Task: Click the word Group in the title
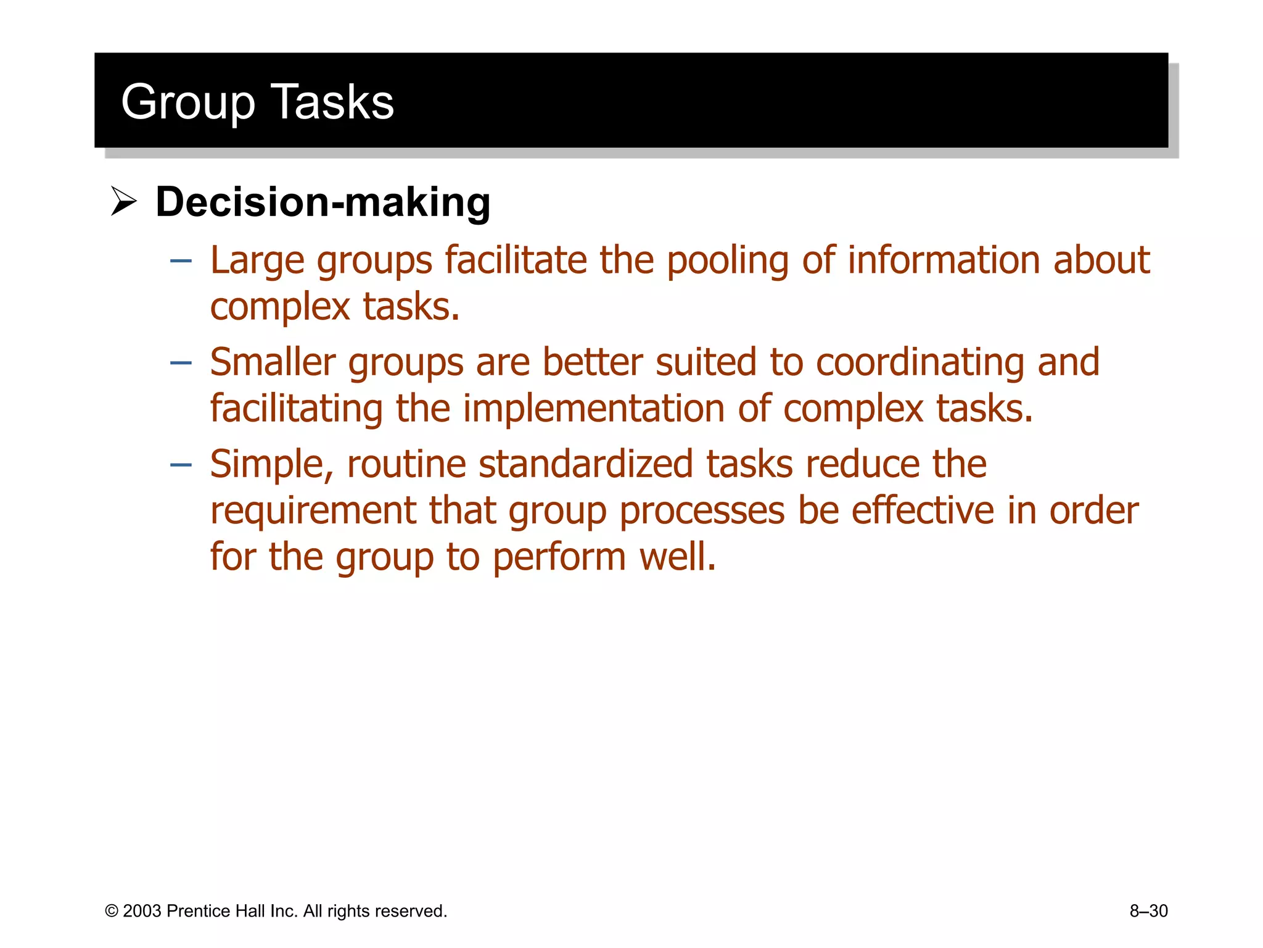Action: [x=187, y=102]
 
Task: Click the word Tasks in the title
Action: [x=332, y=102]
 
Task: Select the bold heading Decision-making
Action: [x=323, y=202]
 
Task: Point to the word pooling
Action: [x=727, y=260]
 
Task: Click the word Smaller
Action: [x=273, y=362]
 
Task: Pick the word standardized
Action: [x=585, y=464]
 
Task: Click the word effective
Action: [x=923, y=510]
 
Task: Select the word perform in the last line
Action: [x=559, y=557]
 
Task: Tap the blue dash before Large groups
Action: [x=181, y=261]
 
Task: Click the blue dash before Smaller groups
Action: [x=181, y=363]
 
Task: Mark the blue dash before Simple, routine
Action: [x=181, y=465]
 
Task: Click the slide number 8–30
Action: [x=1148, y=911]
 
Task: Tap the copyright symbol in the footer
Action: [x=112, y=911]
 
